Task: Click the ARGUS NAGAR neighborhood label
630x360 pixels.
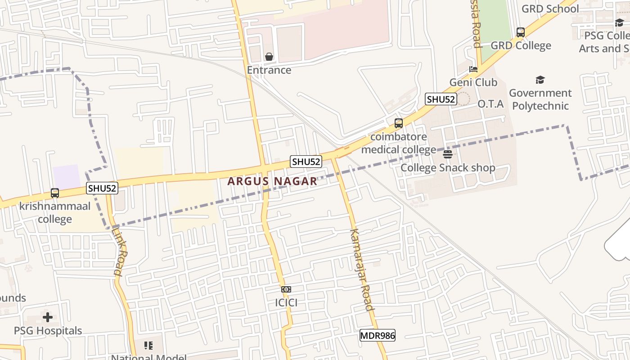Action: (272, 181)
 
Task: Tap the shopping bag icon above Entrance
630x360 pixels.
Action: (269, 57)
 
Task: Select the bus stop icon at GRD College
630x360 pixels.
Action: (521, 32)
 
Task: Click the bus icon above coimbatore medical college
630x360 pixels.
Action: (398, 123)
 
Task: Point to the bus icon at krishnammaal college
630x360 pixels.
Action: (55, 193)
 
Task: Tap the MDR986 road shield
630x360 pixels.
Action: (377, 335)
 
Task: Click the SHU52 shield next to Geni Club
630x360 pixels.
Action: (441, 99)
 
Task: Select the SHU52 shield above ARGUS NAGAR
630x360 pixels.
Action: (306, 162)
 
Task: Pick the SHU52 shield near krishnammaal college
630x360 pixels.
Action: (102, 188)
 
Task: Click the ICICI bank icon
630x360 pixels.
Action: (286, 289)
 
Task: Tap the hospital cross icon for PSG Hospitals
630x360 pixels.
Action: (48, 317)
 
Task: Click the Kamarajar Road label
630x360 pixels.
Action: (361, 270)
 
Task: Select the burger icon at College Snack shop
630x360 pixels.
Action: (448, 155)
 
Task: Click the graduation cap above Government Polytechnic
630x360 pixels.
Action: (540, 80)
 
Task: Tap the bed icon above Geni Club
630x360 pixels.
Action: (473, 69)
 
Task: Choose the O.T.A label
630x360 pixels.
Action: (490, 104)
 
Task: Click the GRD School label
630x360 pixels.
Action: (550, 9)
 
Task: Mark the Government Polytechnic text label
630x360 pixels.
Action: (540, 99)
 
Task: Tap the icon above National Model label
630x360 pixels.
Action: (148, 346)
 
